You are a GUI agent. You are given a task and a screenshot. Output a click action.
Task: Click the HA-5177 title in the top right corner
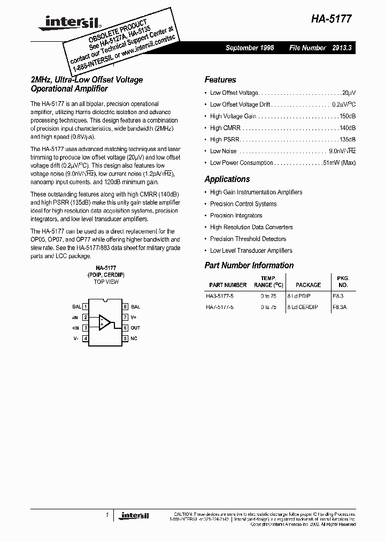click(x=332, y=18)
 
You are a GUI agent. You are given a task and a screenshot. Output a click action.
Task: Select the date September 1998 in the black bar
click(x=250, y=48)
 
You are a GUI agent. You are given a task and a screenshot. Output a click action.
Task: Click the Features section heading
click(x=220, y=80)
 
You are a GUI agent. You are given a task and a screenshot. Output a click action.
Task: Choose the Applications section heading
click(x=227, y=179)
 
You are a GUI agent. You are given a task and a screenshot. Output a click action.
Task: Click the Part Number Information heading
click(x=249, y=265)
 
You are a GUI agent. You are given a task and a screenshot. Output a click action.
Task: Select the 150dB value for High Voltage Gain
click(x=346, y=116)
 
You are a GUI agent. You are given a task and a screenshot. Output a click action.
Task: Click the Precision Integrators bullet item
click(x=236, y=215)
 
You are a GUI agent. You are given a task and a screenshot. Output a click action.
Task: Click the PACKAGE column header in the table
click(x=308, y=285)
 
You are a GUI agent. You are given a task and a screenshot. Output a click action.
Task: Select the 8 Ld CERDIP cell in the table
click(x=303, y=307)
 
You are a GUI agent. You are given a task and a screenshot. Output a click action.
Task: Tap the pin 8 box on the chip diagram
click(x=125, y=307)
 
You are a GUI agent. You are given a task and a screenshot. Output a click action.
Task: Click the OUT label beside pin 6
click(x=135, y=328)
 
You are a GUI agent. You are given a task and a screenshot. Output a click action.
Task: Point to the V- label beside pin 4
click(x=76, y=338)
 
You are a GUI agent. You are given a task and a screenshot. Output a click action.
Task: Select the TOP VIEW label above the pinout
click(x=106, y=281)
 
